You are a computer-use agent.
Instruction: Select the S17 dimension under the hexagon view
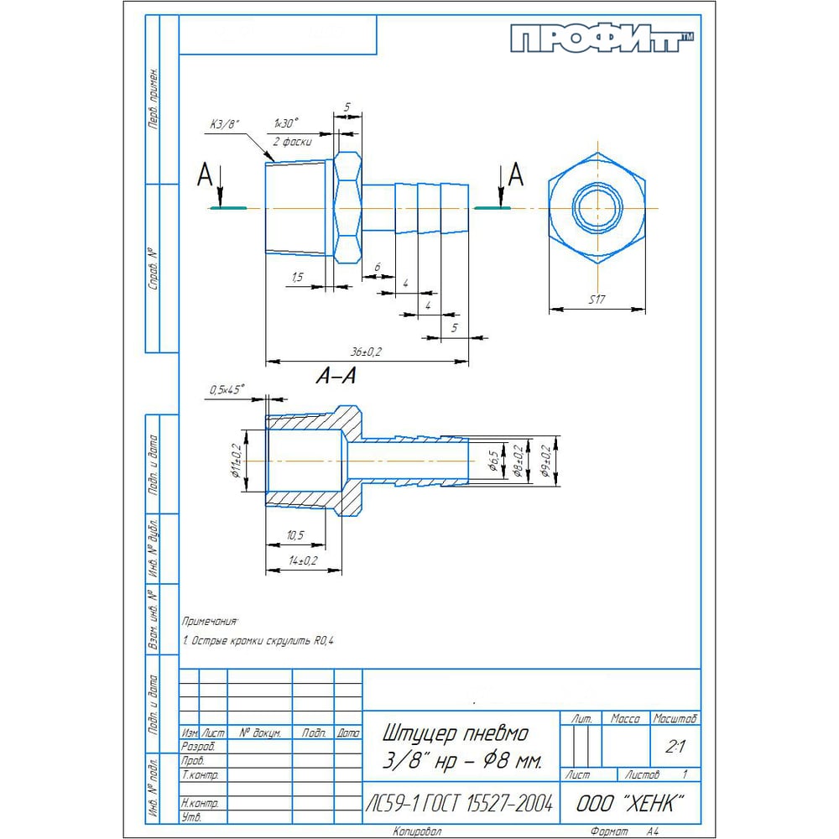click(597, 300)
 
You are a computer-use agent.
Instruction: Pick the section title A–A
click(336, 378)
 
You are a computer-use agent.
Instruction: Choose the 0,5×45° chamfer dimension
click(226, 389)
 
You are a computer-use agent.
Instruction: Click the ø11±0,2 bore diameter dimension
click(237, 466)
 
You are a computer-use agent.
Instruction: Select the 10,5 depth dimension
click(294, 535)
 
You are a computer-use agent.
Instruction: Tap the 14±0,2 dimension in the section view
click(302, 560)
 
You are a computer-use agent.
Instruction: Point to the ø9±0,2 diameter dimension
click(546, 461)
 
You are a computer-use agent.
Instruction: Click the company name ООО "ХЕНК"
click(625, 803)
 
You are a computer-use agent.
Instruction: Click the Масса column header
click(625, 719)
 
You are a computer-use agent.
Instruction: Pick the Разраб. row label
click(198, 746)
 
